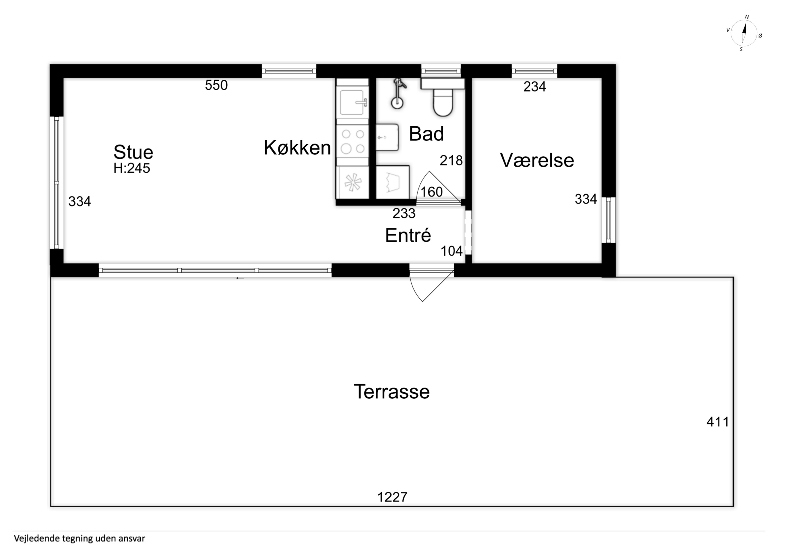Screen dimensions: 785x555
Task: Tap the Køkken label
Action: click(x=297, y=148)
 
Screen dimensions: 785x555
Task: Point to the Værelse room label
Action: click(x=537, y=160)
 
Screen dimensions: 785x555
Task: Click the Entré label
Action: click(x=408, y=235)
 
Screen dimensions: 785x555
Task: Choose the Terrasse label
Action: click(x=392, y=392)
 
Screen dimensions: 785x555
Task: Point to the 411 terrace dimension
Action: click(x=718, y=422)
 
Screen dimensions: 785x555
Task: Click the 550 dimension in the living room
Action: click(x=216, y=85)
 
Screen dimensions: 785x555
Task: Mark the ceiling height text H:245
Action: click(x=132, y=168)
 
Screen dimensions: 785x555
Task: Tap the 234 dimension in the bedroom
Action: click(x=535, y=87)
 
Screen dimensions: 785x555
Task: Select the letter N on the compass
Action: click(x=747, y=17)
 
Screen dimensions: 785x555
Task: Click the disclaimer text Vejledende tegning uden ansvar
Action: click(x=79, y=539)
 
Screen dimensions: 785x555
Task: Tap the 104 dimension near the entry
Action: click(x=451, y=251)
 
